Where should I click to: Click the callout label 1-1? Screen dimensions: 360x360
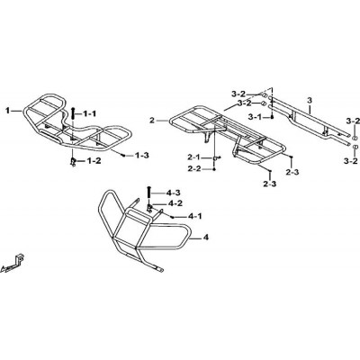click(89, 113)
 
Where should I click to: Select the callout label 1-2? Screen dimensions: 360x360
click(94, 161)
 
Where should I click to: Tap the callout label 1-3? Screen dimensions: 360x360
click(141, 156)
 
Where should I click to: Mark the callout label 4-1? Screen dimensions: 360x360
click(195, 216)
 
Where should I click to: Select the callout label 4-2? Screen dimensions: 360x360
click(175, 203)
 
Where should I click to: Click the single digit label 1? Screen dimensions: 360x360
click(7, 111)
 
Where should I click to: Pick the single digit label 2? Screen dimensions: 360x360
click(152, 121)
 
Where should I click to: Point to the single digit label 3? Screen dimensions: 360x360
click(310, 100)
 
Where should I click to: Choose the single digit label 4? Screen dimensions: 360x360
click(205, 238)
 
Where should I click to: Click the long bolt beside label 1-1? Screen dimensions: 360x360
click(73, 114)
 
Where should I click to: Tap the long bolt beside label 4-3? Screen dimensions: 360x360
click(148, 192)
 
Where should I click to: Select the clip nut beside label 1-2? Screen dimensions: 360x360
click(73, 162)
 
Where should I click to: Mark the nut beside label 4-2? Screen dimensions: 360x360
click(149, 207)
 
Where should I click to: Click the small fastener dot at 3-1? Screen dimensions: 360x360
click(272, 117)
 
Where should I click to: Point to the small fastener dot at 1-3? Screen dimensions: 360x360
click(123, 155)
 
